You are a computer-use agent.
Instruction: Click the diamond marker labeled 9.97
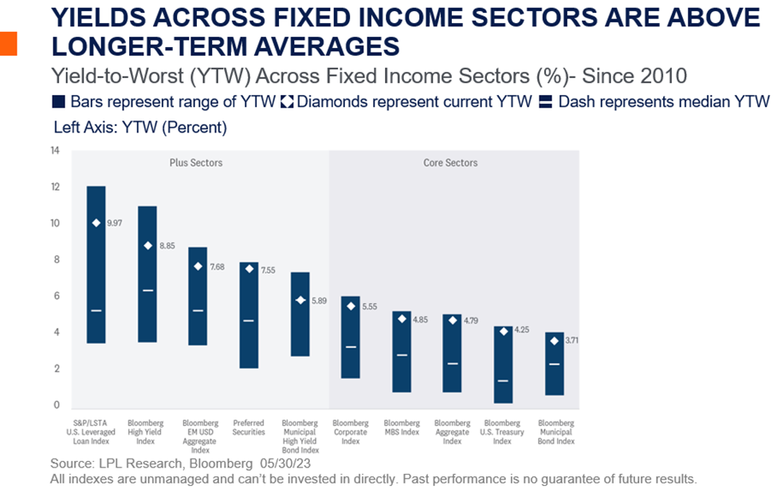96,223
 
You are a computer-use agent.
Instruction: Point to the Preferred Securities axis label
249,428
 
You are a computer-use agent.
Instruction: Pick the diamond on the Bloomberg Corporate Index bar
351,306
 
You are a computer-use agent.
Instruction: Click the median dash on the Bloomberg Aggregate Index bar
452,363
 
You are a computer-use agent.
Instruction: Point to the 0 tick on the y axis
56,405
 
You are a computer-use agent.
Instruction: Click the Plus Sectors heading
196,163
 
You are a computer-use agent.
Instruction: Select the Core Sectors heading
450,163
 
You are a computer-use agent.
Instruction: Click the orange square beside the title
8,44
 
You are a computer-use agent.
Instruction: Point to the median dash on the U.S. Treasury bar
503,381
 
